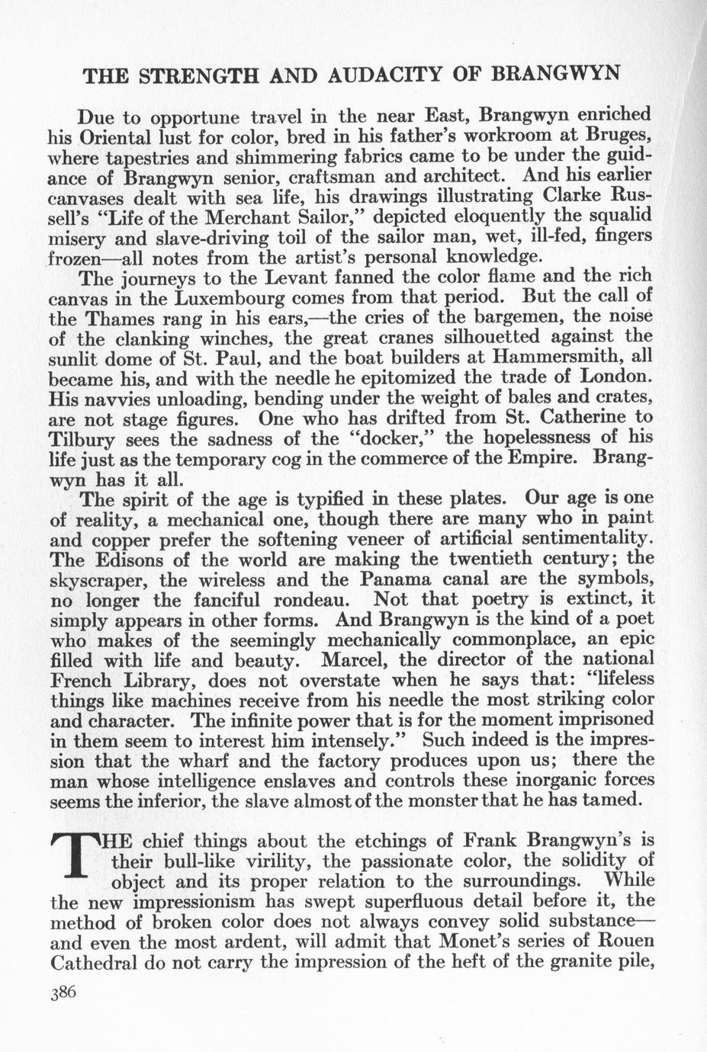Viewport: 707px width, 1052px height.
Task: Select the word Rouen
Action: (x=619, y=942)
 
